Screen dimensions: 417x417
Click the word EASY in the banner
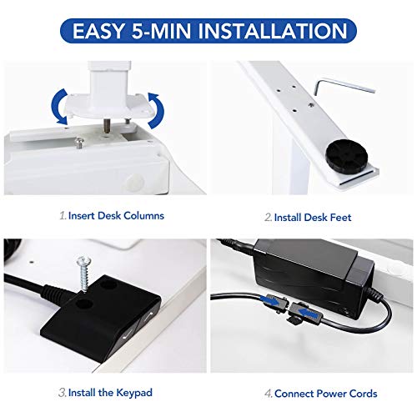click(98, 31)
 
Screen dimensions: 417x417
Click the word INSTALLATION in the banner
click(273, 31)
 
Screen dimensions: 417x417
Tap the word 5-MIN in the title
click(161, 31)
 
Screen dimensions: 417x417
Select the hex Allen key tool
click(344, 87)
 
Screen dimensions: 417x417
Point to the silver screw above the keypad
click(84, 274)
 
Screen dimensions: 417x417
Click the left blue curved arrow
click(59, 107)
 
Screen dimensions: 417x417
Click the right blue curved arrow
click(156, 111)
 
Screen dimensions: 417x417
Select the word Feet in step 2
click(340, 218)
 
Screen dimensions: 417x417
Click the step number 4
click(268, 394)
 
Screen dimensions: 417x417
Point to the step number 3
click(63, 393)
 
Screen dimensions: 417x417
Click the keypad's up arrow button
click(149, 316)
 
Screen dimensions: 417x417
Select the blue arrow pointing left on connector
click(309, 313)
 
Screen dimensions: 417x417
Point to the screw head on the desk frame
click(79, 143)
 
